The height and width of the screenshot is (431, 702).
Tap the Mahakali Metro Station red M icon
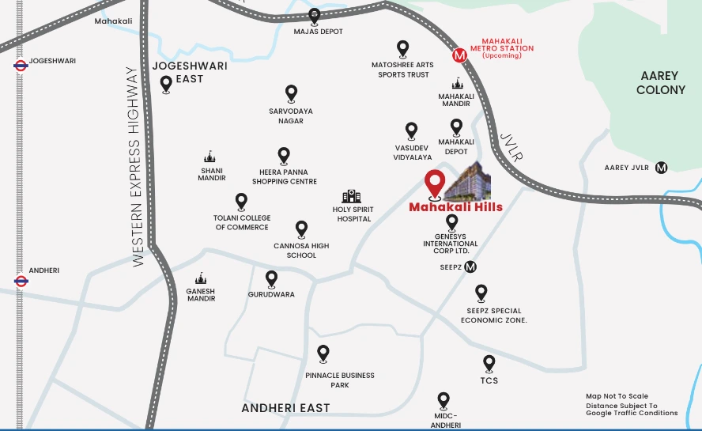(x=459, y=55)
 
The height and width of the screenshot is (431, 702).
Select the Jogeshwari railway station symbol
(x=21, y=66)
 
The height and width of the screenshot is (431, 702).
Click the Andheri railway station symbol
(x=21, y=280)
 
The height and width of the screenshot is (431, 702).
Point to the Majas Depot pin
(x=315, y=16)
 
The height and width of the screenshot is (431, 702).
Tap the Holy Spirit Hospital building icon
(x=351, y=196)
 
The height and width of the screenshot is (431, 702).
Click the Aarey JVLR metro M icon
(x=662, y=167)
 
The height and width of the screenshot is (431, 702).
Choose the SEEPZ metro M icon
(x=470, y=267)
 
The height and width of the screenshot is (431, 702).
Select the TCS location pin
(x=489, y=363)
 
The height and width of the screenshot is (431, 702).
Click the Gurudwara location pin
(x=271, y=278)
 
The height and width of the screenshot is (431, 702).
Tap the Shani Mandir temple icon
(x=209, y=157)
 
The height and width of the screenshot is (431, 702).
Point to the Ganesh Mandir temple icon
(x=201, y=278)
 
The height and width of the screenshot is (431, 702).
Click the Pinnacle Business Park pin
(x=323, y=353)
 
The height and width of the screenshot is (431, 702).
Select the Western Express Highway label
(x=137, y=166)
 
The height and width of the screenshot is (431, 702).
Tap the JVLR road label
(x=512, y=148)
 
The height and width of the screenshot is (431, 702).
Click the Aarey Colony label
(x=661, y=82)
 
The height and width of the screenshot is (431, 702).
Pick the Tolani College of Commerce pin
(x=241, y=202)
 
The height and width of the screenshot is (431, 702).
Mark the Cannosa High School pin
(x=301, y=229)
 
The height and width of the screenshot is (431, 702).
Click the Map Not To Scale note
(x=617, y=396)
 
